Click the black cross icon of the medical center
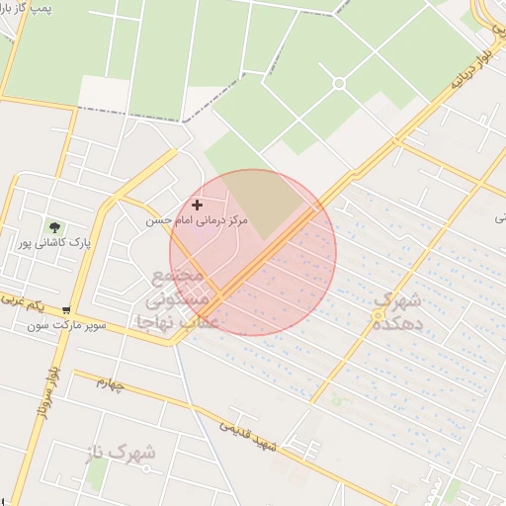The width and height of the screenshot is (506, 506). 199,205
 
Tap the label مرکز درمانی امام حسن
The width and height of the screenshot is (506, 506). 197,220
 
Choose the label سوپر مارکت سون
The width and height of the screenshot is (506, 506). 65,324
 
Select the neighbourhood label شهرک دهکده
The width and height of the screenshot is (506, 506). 401,310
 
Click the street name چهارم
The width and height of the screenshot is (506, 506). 109,383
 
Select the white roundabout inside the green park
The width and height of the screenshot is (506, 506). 338,83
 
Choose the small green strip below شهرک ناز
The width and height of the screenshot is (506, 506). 96,472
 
